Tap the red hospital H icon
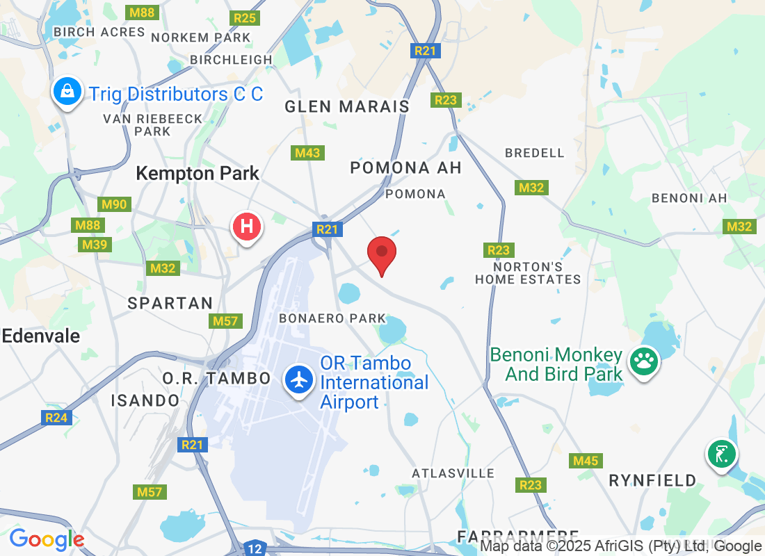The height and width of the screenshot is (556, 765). tap(246, 226)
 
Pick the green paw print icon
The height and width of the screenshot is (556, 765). tap(644, 361)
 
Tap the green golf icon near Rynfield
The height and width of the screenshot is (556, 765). tap(722, 454)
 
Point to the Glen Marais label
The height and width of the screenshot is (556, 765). tap(347, 106)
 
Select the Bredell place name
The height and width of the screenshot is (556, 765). tap(535, 152)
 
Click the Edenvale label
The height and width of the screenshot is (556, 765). tap(40, 336)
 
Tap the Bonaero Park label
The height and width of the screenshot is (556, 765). tap(332, 318)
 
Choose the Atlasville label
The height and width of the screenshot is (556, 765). tap(453, 473)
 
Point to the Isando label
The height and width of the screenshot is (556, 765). tap(145, 400)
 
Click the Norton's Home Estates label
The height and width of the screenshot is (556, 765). tap(528, 273)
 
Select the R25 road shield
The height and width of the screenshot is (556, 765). tap(245, 18)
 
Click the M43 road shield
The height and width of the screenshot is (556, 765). tap(307, 152)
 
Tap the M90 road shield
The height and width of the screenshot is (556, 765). tap(115, 204)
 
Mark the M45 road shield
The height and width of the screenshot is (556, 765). tap(585, 461)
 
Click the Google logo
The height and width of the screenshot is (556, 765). tap(47, 539)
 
